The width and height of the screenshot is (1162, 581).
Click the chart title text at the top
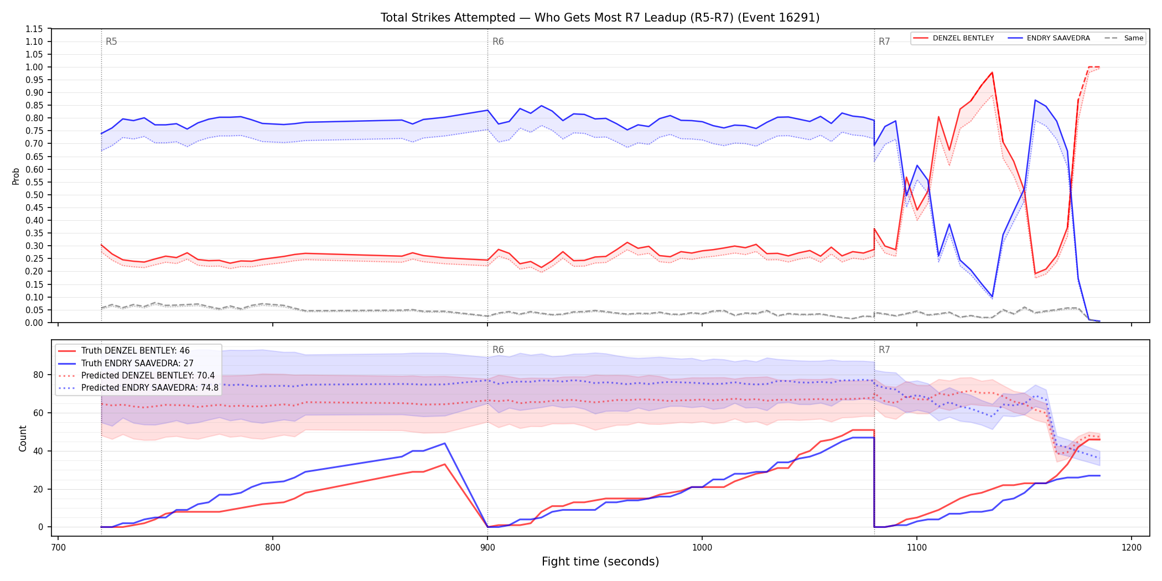(x=600, y=18)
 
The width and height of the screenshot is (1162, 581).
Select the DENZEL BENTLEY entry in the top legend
(x=953, y=38)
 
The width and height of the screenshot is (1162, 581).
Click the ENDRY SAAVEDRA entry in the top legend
(x=1049, y=38)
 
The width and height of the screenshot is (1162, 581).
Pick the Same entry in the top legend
(x=1124, y=38)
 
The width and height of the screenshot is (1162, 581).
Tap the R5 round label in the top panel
(x=111, y=41)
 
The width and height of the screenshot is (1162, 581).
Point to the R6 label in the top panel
(x=498, y=41)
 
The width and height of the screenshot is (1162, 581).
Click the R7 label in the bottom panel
(x=884, y=350)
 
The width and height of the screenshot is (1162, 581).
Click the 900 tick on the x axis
(x=487, y=548)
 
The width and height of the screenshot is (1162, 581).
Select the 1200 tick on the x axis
(x=1132, y=548)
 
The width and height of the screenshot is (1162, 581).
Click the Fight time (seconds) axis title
(x=600, y=562)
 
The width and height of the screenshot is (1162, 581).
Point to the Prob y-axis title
(x=16, y=176)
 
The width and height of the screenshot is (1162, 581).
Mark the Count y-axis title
(x=23, y=438)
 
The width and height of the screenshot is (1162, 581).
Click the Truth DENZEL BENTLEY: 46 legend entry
(x=124, y=351)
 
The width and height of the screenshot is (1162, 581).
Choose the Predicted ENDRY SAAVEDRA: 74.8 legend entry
(x=138, y=388)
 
